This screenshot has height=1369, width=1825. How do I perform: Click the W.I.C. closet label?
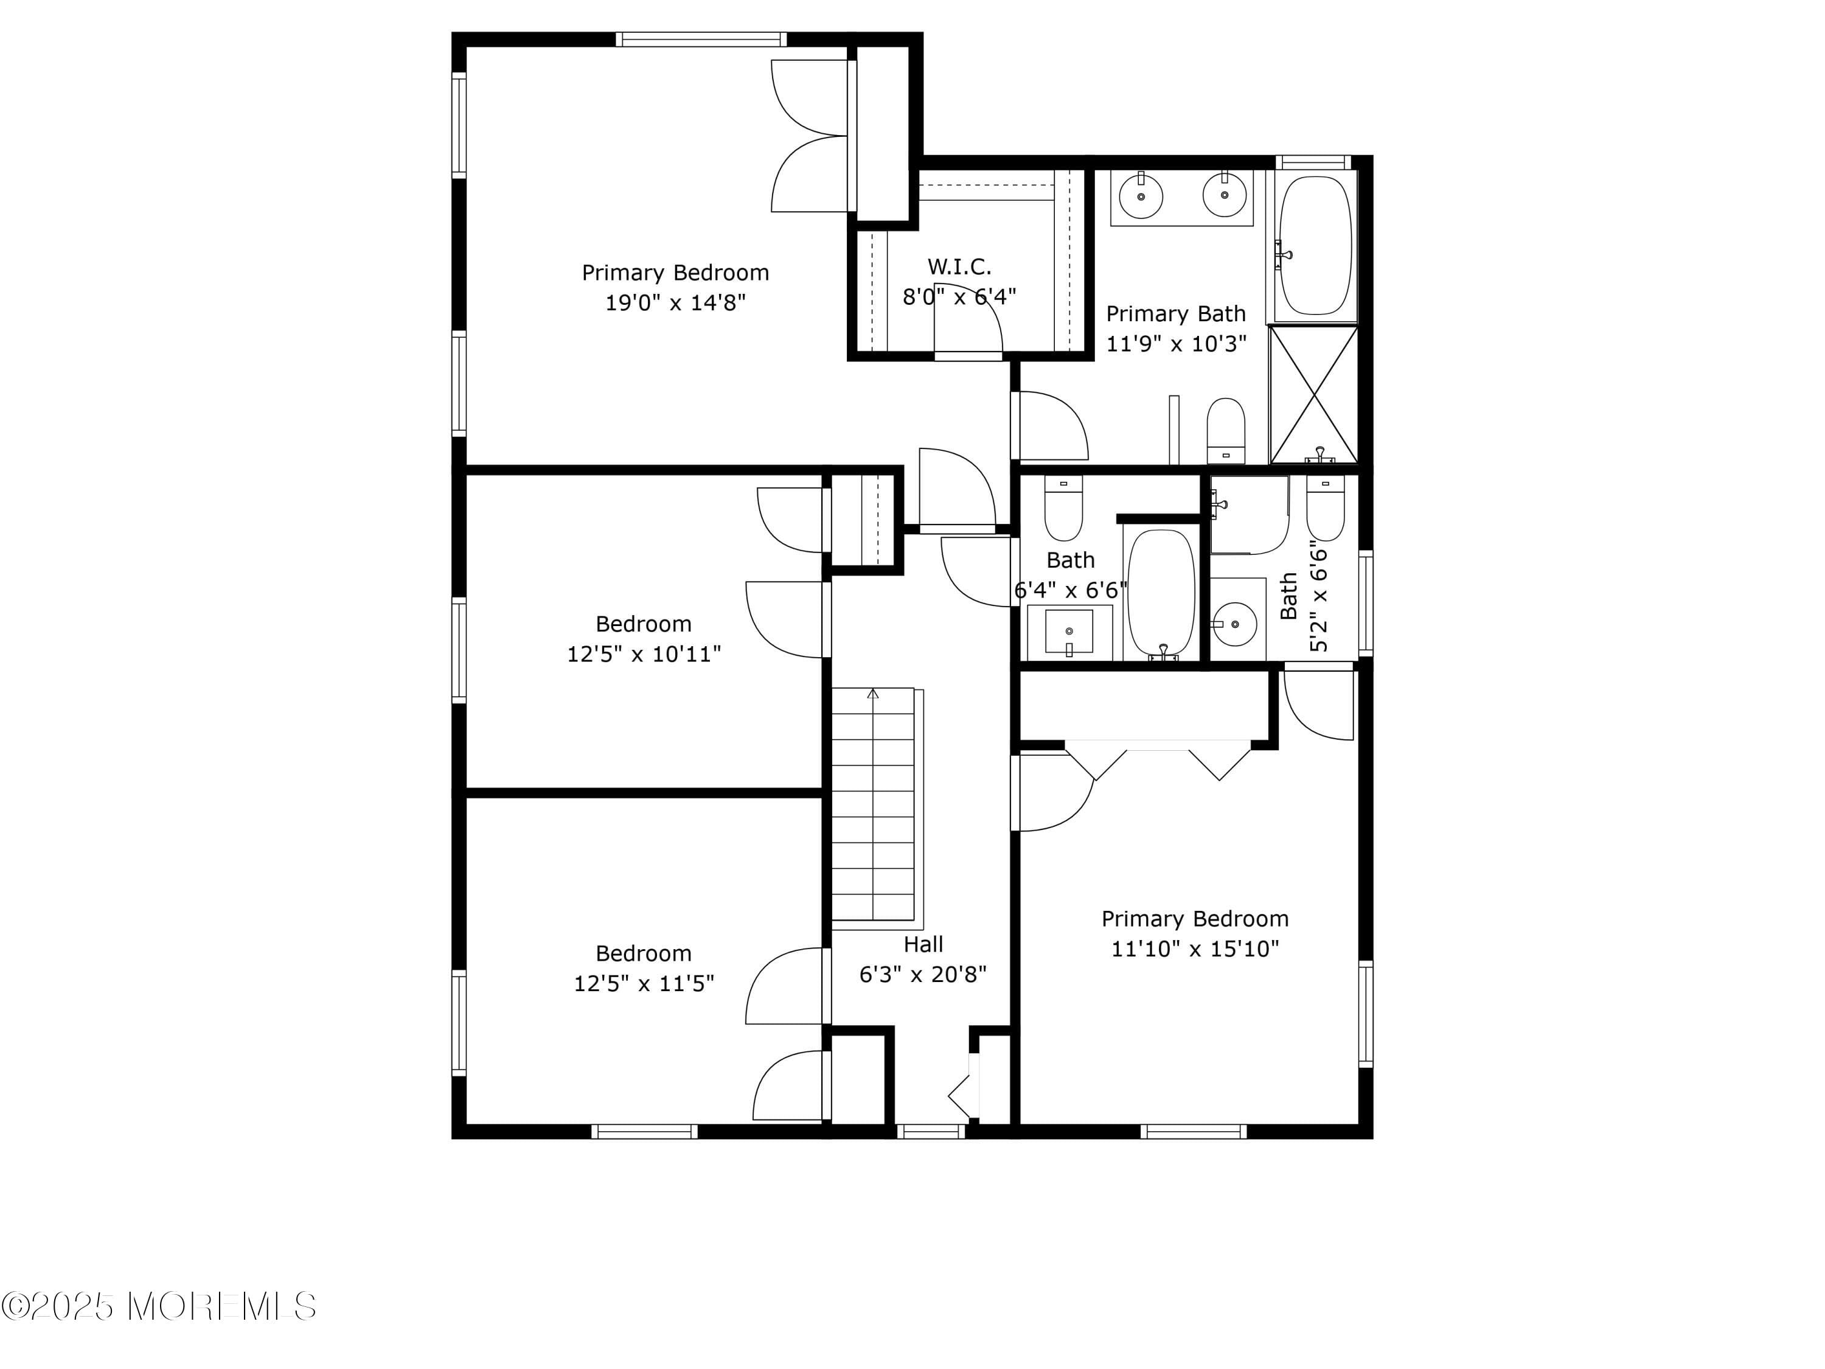click(959, 266)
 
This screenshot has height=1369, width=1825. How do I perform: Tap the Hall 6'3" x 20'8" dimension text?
click(922, 975)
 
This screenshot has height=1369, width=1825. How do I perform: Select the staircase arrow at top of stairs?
click(873, 693)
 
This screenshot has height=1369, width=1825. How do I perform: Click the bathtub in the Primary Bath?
click(1315, 246)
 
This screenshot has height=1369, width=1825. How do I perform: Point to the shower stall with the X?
click(1313, 394)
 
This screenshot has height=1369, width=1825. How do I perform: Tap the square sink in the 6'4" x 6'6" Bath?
click(1068, 632)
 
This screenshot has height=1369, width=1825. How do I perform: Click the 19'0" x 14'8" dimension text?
click(675, 303)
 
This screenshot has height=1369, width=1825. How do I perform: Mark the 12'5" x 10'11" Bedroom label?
click(644, 624)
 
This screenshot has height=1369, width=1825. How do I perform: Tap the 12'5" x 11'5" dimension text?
click(644, 984)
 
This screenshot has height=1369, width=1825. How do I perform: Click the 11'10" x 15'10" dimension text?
click(1195, 949)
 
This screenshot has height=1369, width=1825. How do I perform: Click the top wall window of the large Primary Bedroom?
click(700, 39)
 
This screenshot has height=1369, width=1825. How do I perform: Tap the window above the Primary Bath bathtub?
click(1313, 162)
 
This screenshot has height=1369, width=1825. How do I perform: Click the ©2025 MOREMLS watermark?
click(158, 1306)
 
